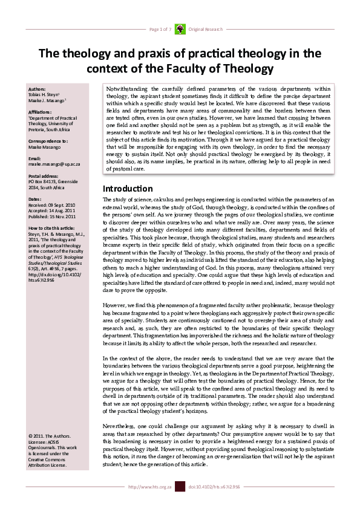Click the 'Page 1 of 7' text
[160, 29]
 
